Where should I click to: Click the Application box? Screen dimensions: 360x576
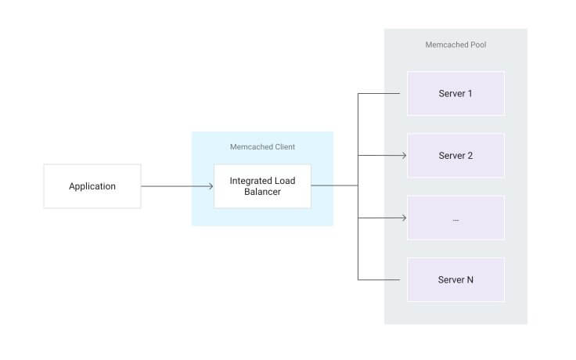click(92, 186)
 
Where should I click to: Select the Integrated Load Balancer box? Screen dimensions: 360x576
click(262, 186)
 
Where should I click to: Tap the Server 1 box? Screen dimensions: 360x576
click(455, 93)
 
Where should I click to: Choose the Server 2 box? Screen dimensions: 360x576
click(455, 155)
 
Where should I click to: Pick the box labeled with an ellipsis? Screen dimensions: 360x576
click(455, 218)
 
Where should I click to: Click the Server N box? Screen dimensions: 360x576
click(455, 279)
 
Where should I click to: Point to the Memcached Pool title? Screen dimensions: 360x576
click(455, 45)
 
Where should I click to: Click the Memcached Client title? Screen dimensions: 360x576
click(262, 146)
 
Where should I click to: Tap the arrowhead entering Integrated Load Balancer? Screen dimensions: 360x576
click(211, 186)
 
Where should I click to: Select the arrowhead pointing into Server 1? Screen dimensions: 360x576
click(403, 93)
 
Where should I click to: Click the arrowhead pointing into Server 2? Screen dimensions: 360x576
click(403, 155)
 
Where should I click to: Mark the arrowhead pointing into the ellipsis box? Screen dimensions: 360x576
click(403, 218)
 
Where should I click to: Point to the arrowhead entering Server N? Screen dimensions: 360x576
click(403, 279)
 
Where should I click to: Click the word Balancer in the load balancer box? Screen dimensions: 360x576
click(262, 193)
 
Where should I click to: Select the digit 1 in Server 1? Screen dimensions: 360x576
click(470, 93)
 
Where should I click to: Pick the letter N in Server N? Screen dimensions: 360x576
click(470, 279)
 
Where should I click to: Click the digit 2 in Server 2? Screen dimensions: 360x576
click(470, 155)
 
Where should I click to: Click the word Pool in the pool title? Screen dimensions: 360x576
click(477, 45)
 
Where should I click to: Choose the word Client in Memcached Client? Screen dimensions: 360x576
click(284, 146)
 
